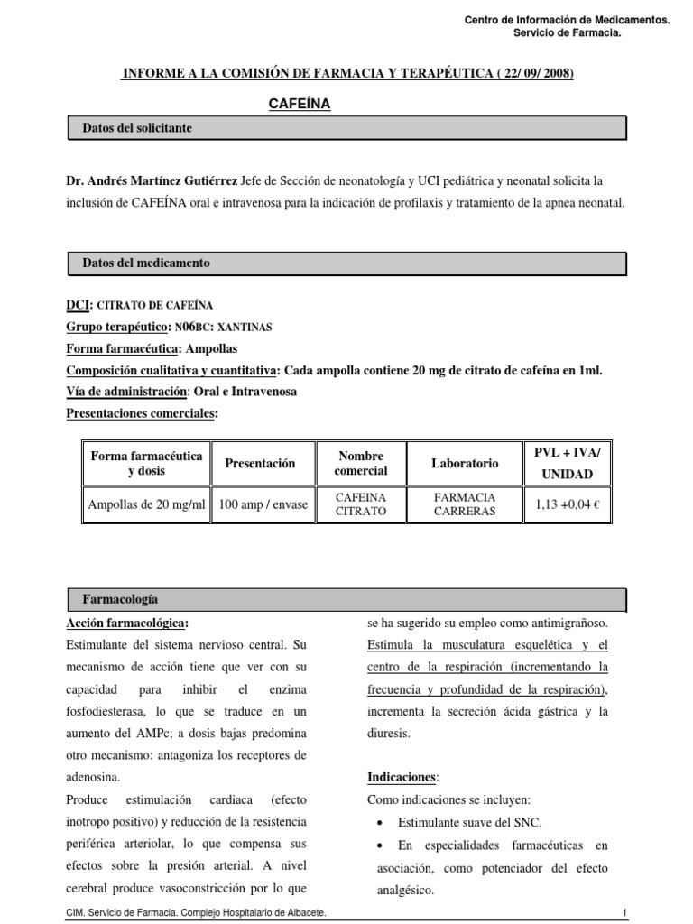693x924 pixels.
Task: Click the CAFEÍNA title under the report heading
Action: [x=300, y=105]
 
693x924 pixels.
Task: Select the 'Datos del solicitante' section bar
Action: [x=347, y=129]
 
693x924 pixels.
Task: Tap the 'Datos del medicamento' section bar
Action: [x=347, y=263]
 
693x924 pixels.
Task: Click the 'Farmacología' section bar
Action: [x=347, y=599]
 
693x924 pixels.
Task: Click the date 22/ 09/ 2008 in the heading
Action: [x=535, y=73]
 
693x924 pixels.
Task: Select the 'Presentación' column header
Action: [x=260, y=463]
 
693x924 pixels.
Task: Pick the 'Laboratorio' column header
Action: [x=465, y=463]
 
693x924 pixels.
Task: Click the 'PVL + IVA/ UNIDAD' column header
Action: [x=568, y=463]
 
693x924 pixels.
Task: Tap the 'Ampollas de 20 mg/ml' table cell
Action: [x=146, y=505]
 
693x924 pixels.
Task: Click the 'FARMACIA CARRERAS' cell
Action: [x=465, y=504]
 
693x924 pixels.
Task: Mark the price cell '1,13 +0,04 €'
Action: [x=568, y=505]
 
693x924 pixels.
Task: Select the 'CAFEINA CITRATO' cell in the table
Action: [x=360, y=504]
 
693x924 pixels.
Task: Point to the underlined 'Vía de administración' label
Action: [x=126, y=392]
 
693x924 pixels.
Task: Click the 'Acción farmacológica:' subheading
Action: [x=127, y=624]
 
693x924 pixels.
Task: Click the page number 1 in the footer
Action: [x=624, y=913]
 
